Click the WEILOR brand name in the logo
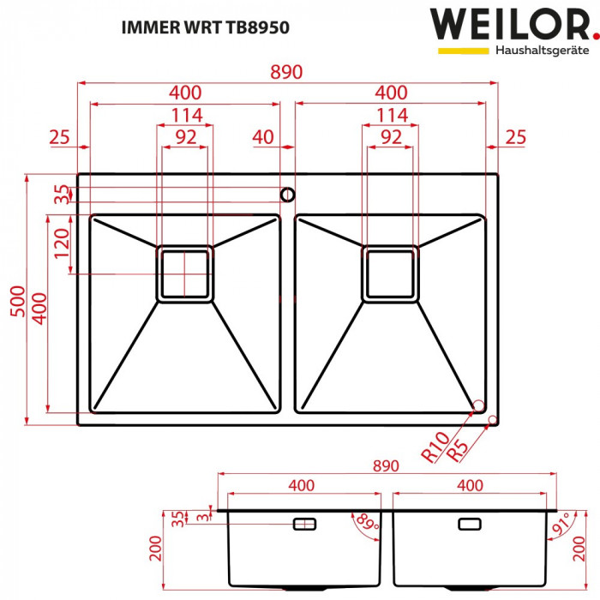point(509,25)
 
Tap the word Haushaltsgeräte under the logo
point(543,51)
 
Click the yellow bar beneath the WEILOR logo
point(464,51)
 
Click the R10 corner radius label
point(435,447)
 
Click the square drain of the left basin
point(184,273)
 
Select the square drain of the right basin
point(391,273)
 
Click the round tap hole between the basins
point(288,193)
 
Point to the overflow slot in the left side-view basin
point(304,523)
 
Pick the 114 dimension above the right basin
point(391,115)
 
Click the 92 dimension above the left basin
point(184,136)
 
